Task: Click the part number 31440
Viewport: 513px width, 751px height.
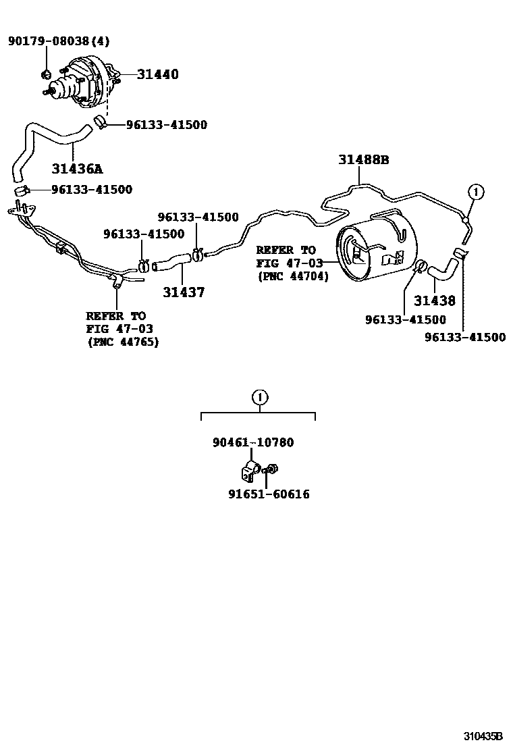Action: coord(158,74)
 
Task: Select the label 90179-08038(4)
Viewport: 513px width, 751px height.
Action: coord(58,41)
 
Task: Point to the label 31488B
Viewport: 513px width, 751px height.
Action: coord(364,160)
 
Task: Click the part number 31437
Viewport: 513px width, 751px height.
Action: coord(184,292)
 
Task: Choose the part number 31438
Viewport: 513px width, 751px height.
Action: coord(435,301)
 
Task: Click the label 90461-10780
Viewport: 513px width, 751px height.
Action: coord(253,442)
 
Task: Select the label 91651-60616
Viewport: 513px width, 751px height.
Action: coord(269,494)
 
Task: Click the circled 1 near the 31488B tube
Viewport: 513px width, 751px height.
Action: coord(475,192)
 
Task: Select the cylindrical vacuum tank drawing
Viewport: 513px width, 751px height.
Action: coord(374,249)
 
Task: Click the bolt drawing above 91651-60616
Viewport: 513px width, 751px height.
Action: coord(272,469)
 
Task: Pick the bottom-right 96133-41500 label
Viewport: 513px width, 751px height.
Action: coord(465,338)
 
